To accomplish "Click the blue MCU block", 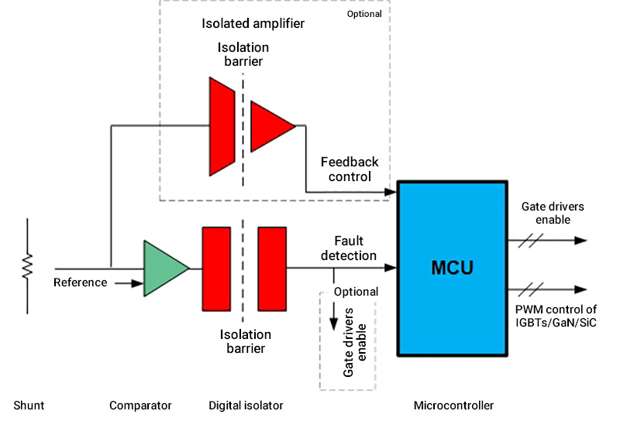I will click(452, 269).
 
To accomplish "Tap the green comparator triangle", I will click(163, 268).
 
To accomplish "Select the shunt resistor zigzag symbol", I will click(27, 267).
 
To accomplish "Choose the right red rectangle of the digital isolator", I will click(272, 268).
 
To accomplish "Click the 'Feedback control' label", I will click(350, 169).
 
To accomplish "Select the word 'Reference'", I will click(80, 282).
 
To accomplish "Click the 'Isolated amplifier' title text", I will click(253, 23).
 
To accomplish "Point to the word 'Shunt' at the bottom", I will click(29, 406).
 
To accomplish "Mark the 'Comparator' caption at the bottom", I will click(140, 406).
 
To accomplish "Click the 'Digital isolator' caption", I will click(246, 406).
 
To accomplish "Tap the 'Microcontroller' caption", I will click(453, 406).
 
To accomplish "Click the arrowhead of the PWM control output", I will click(580, 290).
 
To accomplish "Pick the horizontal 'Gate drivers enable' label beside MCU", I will click(552, 213).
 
